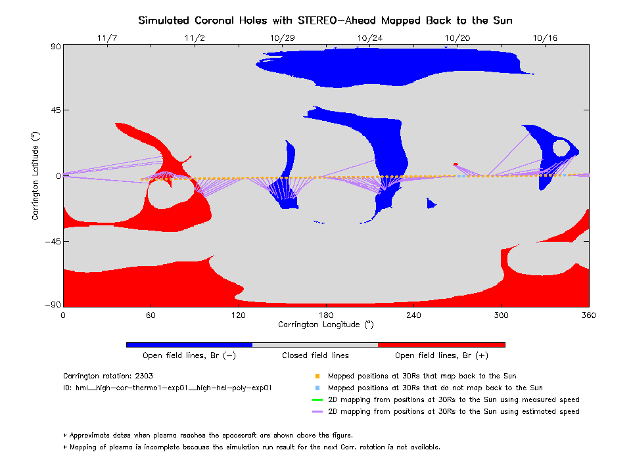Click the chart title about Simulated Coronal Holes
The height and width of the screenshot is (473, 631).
[x=325, y=20]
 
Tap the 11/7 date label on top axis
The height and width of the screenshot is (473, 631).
[x=106, y=38]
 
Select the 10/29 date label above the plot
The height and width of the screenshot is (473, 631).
[x=282, y=38]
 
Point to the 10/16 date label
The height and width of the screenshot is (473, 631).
[x=545, y=38]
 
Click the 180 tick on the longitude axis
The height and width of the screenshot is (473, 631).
[x=326, y=315]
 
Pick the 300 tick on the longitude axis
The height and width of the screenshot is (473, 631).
[x=502, y=315]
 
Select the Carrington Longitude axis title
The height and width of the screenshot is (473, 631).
[x=326, y=325]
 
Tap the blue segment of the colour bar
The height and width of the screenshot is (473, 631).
[x=189, y=344]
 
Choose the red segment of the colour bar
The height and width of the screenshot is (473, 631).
[x=441, y=344]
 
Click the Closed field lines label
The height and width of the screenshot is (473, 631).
[x=315, y=356]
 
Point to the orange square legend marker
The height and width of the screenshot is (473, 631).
[x=317, y=376]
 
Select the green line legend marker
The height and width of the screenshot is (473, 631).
[x=317, y=399]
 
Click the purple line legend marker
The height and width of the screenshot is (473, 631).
[x=317, y=412]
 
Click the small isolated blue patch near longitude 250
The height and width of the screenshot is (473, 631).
[x=431, y=204]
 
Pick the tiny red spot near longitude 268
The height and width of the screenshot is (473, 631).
[x=456, y=164]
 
